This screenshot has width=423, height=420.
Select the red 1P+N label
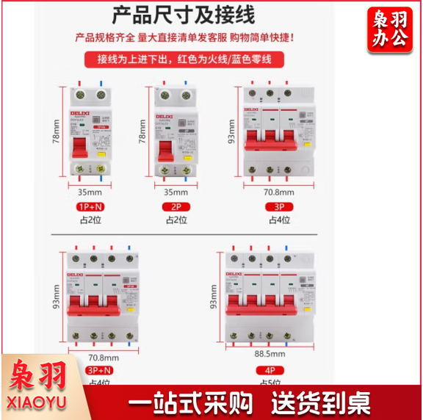pyautogui.click(x=90, y=206)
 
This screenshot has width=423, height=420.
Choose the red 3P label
pyautogui.click(x=280, y=206)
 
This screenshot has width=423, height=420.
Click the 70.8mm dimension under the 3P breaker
pyautogui.click(x=280, y=192)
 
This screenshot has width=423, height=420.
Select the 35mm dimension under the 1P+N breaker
pyautogui.click(x=90, y=192)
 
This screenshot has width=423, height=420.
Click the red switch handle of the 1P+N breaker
pyautogui.click(x=80, y=148)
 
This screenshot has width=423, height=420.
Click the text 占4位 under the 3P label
pyautogui.click(x=280, y=220)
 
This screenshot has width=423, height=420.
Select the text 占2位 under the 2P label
pyautogui.click(x=176, y=220)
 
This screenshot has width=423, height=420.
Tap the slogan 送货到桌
pyautogui.click(x=320, y=402)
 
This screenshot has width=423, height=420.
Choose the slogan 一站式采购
pyautogui.click(x=190, y=402)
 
